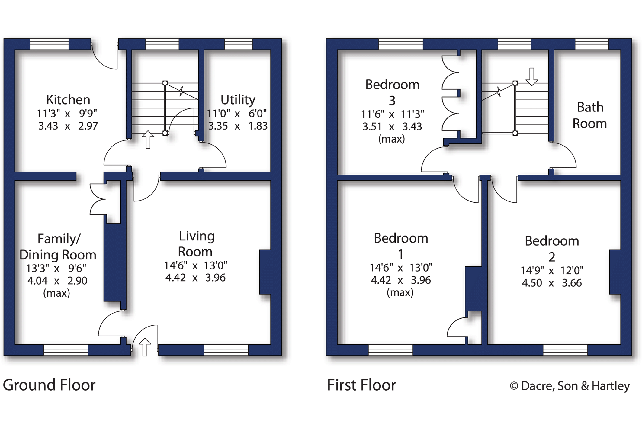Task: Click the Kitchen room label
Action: coord(68,100)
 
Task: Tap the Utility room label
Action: coord(238,100)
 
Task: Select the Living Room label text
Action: coord(196,244)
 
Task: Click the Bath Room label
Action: coord(590,115)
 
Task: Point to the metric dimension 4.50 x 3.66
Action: coord(552,283)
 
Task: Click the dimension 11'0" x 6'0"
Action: coord(236,114)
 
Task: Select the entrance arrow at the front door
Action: coord(145,347)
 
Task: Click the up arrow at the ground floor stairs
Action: coord(148,140)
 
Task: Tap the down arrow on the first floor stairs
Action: coord(531,77)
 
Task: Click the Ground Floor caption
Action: coord(49,385)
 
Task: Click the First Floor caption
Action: coord(361,385)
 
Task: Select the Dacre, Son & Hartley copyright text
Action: coord(570,386)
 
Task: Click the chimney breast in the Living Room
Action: coord(265,272)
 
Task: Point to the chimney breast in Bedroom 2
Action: coord(615,272)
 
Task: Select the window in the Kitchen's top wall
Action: coord(50,44)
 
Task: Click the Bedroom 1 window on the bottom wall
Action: coord(390,350)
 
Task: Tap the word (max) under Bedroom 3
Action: coord(391,139)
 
